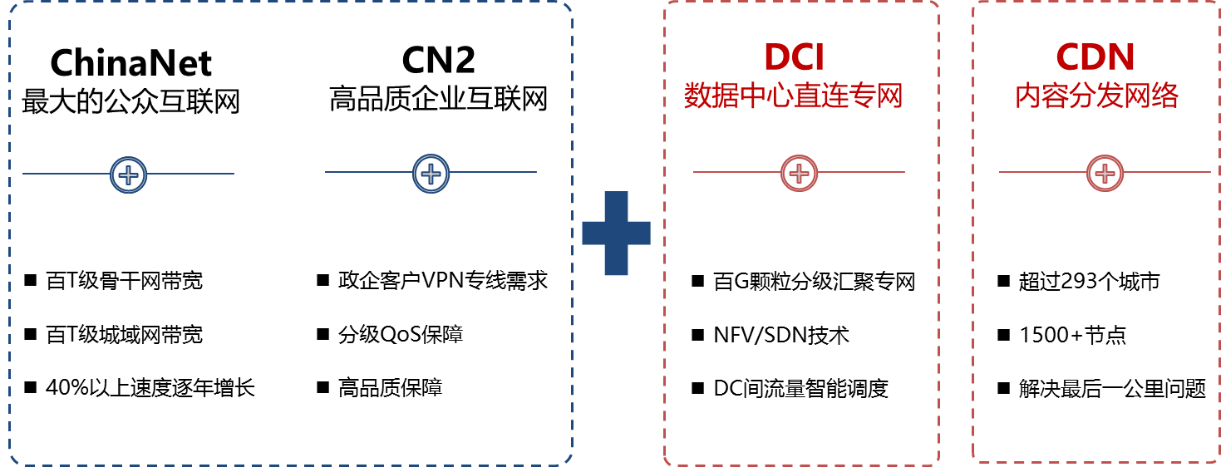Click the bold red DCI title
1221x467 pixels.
[x=794, y=58]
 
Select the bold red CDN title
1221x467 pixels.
[x=1095, y=58]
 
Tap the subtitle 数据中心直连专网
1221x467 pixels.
[x=794, y=96]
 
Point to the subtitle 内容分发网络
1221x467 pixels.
[x=1096, y=96]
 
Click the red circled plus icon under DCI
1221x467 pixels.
[x=799, y=173]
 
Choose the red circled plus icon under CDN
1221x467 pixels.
[x=1105, y=173]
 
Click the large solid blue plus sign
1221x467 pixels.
[x=616, y=233]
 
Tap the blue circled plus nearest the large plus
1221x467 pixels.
[x=431, y=174]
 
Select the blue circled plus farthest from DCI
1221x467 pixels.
[x=128, y=175]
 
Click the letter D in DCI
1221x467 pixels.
[x=776, y=58]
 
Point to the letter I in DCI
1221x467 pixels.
[x=819, y=58]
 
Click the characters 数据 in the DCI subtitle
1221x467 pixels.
[x=711, y=96]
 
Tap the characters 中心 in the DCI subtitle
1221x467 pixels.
[x=766, y=96]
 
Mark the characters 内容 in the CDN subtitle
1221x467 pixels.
[x=1041, y=96]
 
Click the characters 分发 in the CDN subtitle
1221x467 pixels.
[x=1096, y=96]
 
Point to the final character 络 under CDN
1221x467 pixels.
[x=1165, y=96]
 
